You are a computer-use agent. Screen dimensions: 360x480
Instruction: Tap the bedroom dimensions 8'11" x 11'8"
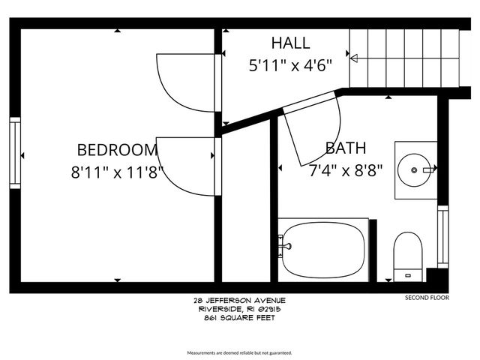coord(116,170)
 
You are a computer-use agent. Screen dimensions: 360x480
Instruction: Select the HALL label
coord(290,43)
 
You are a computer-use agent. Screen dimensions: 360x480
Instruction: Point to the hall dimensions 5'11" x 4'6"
coord(289,64)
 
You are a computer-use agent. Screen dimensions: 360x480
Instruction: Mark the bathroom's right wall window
coord(442,236)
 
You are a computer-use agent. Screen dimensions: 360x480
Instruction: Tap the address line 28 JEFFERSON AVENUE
coord(239,299)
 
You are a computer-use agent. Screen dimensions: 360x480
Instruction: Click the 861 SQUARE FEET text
coord(239,317)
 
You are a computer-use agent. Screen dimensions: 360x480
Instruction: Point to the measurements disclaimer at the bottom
coord(239,352)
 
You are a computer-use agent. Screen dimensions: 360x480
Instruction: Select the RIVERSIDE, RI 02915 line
coord(239,308)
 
